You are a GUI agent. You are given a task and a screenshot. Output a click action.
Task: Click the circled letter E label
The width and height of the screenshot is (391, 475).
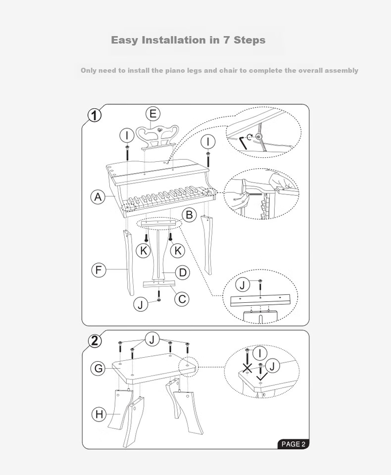pyautogui.click(x=153, y=114)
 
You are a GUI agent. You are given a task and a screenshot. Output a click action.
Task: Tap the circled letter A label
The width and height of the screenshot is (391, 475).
pyautogui.click(x=98, y=197)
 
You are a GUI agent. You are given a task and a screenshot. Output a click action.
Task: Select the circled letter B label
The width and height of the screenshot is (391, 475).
pyautogui.click(x=189, y=215)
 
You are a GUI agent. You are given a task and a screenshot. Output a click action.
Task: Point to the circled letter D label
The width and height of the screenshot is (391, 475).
pyautogui.click(x=183, y=272)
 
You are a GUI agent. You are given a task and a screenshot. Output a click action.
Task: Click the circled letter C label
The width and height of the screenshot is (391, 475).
pyautogui.click(x=182, y=299)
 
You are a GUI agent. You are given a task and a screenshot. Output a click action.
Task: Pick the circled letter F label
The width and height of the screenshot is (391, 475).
pyautogui.click(x=99, y=270)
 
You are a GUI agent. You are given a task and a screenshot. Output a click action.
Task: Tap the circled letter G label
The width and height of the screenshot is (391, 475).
pyautogui.click(x=98, y=368)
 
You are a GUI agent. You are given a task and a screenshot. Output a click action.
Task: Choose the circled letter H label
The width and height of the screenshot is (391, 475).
pyautogui.click(x=99, y=414)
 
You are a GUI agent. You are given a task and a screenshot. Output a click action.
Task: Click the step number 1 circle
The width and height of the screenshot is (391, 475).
pyautogui.click(x=95, y=115)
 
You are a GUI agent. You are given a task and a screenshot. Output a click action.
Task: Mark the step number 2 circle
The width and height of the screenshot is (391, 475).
pyautogui.click(x=95, y=341)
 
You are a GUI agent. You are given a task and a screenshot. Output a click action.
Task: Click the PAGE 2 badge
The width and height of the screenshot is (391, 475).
pyautogui.click(x=293, y=444)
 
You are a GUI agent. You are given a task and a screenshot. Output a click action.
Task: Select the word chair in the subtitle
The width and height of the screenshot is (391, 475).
pyautogui.click(x=228, y=70)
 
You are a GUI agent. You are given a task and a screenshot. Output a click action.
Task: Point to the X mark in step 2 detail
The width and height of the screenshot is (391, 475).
pyautogui.click(x=247, y=369)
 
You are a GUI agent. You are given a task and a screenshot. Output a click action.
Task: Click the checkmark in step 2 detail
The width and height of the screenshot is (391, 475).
pyautogui.click(x=262, y=377)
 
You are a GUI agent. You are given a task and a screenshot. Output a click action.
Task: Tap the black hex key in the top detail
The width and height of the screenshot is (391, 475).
pyautogui.click(x=243, y=143)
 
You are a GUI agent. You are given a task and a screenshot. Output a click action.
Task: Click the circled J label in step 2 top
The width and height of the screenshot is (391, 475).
pyautogui.click(x=152, y=339)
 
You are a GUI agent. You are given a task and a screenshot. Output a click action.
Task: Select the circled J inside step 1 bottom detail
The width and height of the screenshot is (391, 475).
pyautogui.click(x=243, y=285)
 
